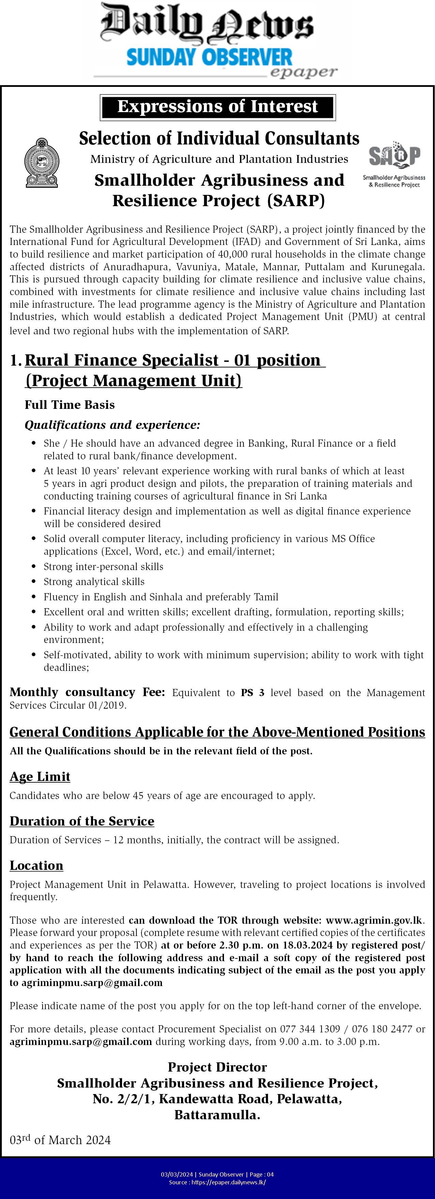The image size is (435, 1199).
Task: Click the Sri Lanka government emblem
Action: pos(42,163)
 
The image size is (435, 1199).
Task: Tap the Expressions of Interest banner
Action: pos(217,107)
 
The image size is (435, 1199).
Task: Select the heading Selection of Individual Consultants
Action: pos(219,138)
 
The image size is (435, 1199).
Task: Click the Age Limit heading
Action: pos(40,777)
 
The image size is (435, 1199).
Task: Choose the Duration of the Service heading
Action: pos(82,820)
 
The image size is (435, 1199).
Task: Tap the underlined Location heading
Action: pos(36,865)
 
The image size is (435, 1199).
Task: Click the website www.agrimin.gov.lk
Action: pos(374,920)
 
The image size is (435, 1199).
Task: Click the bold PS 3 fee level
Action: pos(252,693)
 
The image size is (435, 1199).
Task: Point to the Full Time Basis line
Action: pos(70,404)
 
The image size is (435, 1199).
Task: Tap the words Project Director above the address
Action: pos(217,1067)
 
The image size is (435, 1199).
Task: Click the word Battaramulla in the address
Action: pos(217,1115)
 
